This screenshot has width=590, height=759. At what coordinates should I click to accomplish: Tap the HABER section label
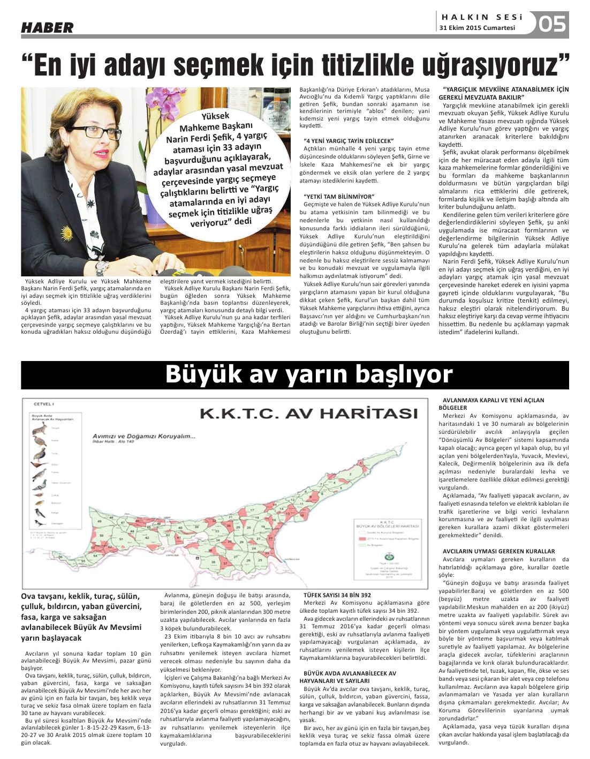47,28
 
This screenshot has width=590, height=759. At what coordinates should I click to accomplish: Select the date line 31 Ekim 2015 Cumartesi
477,28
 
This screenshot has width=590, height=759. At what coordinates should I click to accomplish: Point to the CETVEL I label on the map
44,404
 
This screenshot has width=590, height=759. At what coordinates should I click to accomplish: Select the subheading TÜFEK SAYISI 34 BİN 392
337,595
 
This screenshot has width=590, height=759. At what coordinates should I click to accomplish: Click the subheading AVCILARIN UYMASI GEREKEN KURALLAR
498,551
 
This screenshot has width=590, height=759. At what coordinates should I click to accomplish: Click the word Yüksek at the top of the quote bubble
215,116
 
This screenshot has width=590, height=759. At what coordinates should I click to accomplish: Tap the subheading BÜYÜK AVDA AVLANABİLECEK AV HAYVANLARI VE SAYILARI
350,677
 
